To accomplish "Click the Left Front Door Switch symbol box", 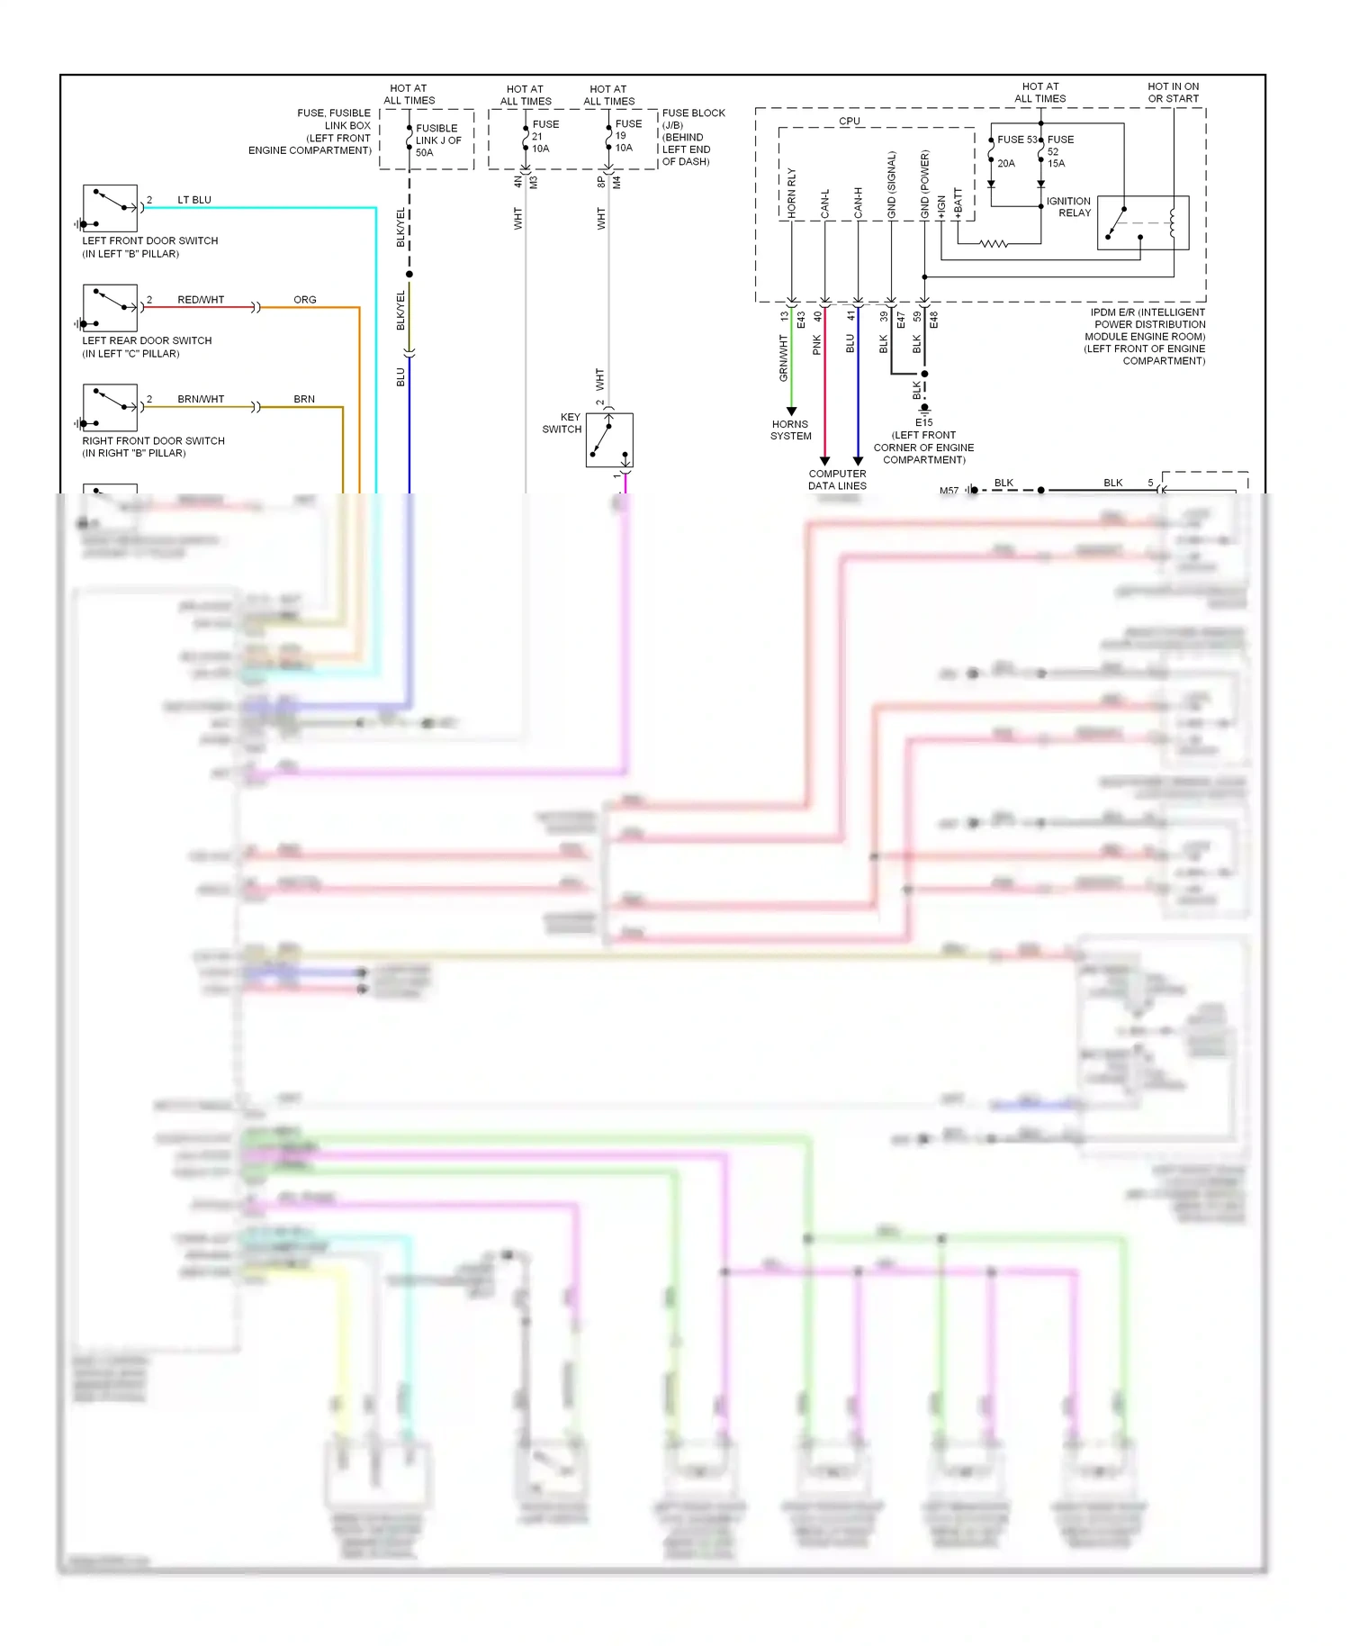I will point(110,208).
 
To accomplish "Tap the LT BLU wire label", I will point(194,200).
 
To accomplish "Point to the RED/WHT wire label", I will point(201,299).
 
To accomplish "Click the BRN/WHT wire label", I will point(201,399).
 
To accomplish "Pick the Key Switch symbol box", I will point(609,439).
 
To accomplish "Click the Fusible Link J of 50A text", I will point(437,140).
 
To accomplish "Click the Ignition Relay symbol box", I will point(1142,222).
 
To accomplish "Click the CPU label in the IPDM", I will point(849,121).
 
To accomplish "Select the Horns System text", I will point(790,430).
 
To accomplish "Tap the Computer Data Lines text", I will point(837,479).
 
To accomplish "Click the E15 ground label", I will point(923,422).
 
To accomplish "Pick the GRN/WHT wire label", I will point(783,357).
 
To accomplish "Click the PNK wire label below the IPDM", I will point(817,344).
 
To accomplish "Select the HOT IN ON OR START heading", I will point(1173,93).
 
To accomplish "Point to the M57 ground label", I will point(949,490).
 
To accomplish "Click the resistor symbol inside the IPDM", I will point(993,243).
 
